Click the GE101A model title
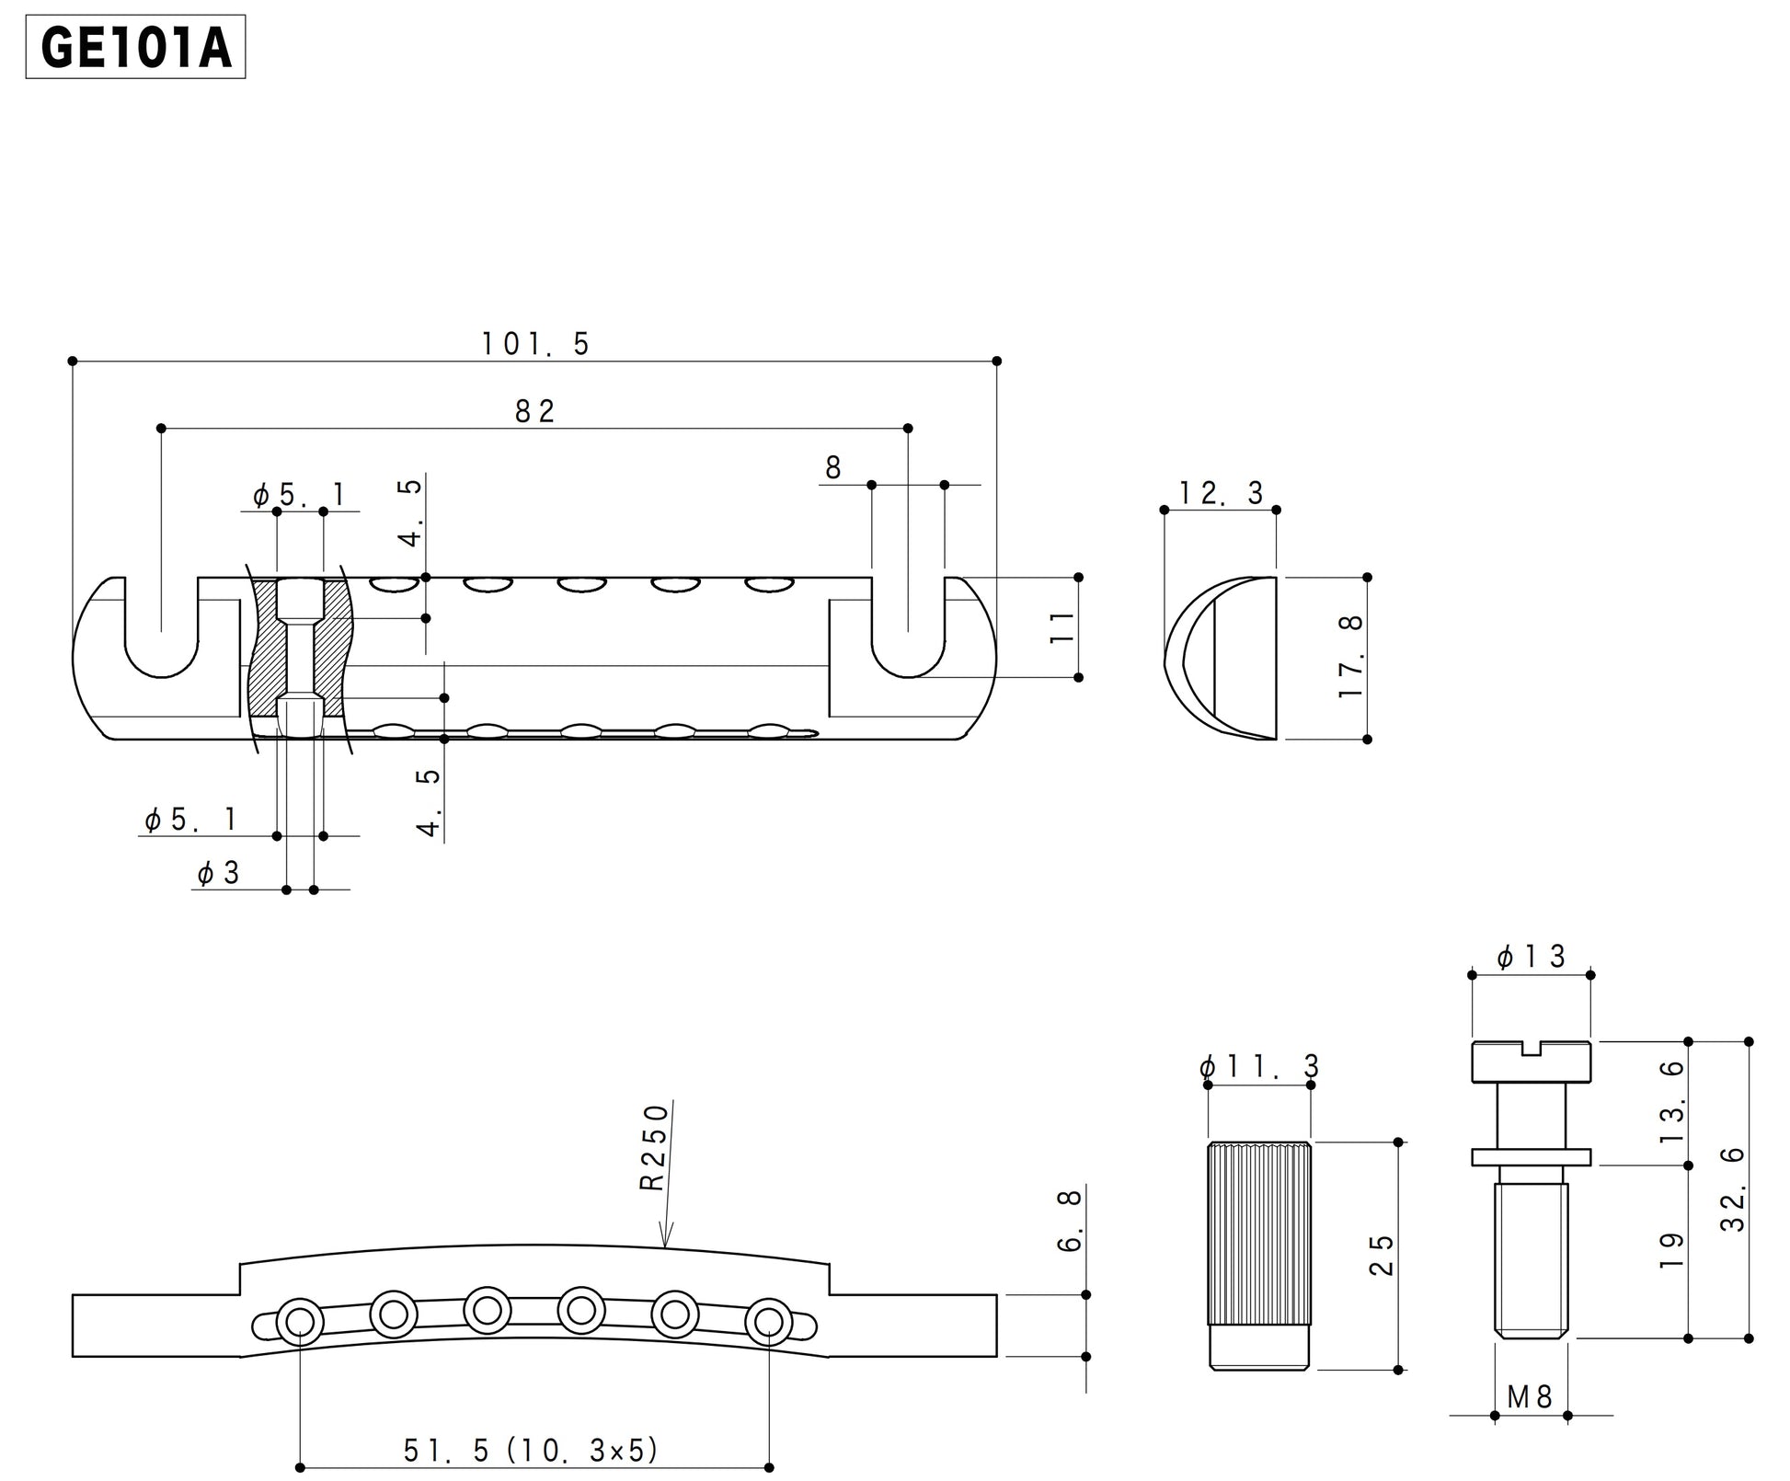coord(135,47)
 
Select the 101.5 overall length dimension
coord(535,344)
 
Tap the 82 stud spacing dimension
coord(534,411)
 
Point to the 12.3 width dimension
coord(1221,493)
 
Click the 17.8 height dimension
coord(1351,657)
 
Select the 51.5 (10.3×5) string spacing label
coord(532,1451)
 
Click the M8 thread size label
coord(1530,1397)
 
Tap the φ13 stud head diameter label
coord(1531,958)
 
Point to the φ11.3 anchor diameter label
coord(1259,1067)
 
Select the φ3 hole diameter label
coord(218,873)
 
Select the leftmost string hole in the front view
coord(298,1322)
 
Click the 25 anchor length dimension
coord(1381,1255)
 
